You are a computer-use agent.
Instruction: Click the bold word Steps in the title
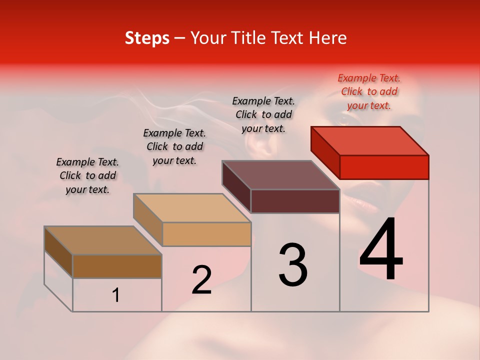click(147, 38)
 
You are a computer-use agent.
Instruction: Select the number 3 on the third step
click(292, 265)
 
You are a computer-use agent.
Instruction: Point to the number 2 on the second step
click(201, 280)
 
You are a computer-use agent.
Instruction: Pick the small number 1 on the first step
click(116, 295)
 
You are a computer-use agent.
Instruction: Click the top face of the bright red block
click(370, 140)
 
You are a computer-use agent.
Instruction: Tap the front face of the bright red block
click(384, 167)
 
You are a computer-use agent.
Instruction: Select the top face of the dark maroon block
click(281, 175)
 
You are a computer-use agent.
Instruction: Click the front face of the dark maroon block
click(295, 201)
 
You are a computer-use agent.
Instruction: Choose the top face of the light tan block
click(192, 208)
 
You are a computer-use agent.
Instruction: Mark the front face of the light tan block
click(206, 234)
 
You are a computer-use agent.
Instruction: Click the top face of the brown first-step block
click(103, 240)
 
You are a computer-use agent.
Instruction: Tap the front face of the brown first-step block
click(117, 266)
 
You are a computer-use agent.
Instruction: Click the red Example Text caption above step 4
click(369, 91)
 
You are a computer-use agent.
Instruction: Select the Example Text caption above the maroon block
click(263, 114)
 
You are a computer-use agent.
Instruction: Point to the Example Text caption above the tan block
click(174, 146)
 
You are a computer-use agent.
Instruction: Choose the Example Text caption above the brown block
click(87, 175)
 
